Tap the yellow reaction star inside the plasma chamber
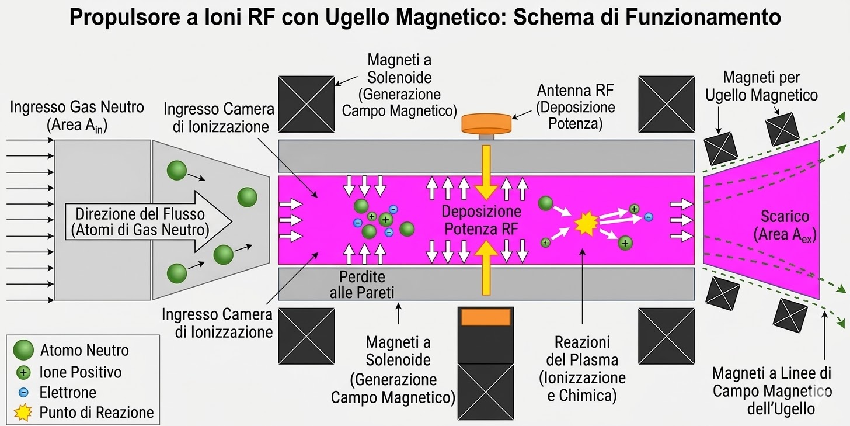click(583, 224)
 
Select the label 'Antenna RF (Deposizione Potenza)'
click(576, 107)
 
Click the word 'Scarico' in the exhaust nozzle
click(785, 216)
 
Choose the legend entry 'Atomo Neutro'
click(84, 351)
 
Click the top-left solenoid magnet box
click(306, 104)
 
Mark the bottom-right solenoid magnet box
click(666, 335)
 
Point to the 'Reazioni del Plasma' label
click(582, 369)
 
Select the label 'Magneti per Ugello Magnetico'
click(761, 86)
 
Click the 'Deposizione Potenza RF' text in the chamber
click(481, 220)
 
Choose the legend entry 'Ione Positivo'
click(80, 372)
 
